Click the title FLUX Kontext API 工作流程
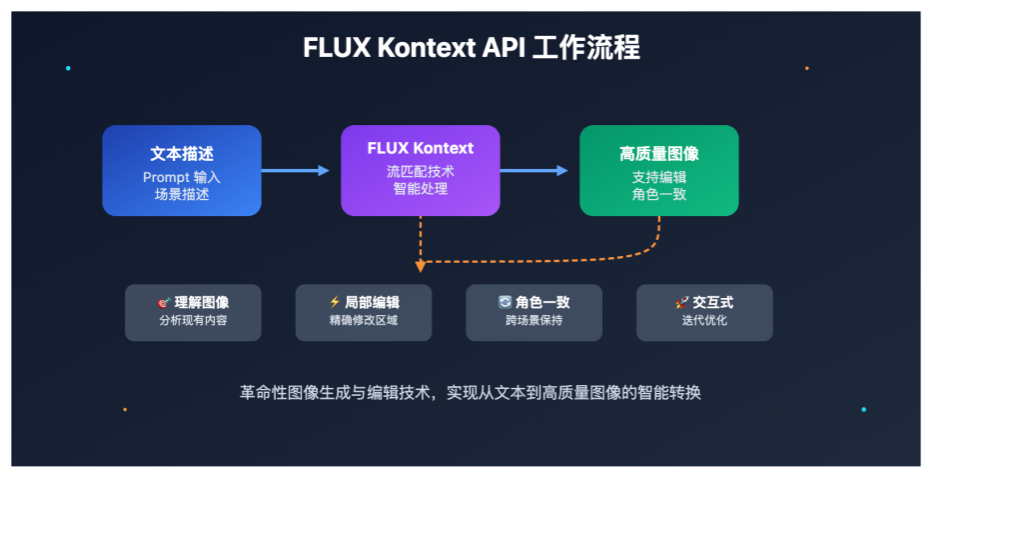click(472, 48)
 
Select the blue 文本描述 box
click(182, 170)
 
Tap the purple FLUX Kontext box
click(420, 170)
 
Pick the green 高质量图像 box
click(658, 170)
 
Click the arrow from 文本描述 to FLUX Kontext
click(296, 171)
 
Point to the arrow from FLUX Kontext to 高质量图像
click(534, 171)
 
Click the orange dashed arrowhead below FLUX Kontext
click(421, 266)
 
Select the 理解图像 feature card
click(193, 312)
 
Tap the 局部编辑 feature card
click(364, 312)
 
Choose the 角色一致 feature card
click(533, 312)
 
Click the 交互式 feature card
click(704, 312)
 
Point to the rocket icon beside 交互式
click(681, 302)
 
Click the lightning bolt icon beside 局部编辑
click(335, 302)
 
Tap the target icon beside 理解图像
click(164, 302)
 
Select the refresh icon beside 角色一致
click(505, 302)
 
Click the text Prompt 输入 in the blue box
click(182, 177)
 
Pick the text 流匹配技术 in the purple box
click(420, 171)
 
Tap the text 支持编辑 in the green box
click(658, 177)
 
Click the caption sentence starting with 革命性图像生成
click(471, 393)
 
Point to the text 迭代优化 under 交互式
click(704, 321)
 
